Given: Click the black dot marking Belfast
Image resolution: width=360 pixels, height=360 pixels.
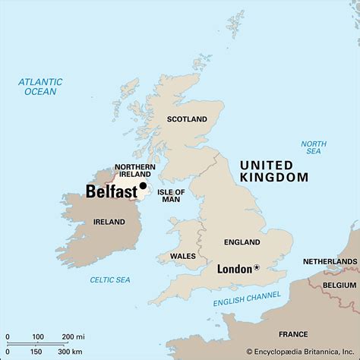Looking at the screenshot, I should (143, 185).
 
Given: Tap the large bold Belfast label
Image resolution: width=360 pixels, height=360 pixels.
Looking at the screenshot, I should (111, 192).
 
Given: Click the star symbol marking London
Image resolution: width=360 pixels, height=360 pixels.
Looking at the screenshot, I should (257, 267).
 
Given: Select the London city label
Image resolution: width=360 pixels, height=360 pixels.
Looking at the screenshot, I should (234, 269).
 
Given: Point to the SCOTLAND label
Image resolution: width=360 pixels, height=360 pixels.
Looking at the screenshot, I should (187, 119).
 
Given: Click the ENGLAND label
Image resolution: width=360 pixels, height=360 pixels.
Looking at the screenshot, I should (242, 242).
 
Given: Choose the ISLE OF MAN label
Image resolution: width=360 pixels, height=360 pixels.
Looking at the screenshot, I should (171, 197).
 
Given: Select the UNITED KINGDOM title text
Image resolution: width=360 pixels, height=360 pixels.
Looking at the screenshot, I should (273, 170).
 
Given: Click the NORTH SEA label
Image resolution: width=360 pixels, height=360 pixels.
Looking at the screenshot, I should (313, 147).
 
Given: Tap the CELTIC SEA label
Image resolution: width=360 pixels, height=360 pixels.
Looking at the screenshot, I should (109, 280).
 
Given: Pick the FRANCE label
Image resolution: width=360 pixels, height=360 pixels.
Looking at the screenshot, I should (293, 333).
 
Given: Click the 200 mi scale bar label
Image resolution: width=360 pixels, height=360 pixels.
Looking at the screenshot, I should (73, 336).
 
